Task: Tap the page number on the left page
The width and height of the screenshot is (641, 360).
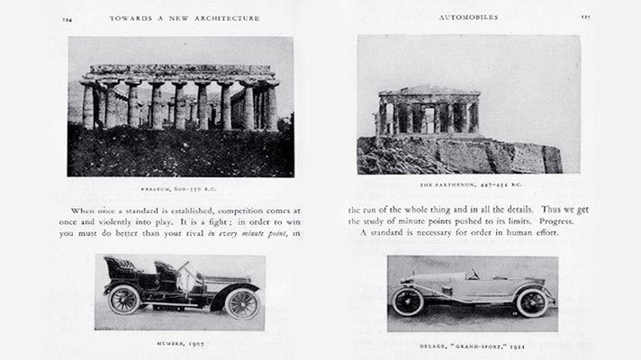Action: (x=68, y=16)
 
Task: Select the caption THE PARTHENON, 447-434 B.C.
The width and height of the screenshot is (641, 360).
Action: (x=468, y=184)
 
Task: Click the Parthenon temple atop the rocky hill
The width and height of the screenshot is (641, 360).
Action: (x=429, y=112)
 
